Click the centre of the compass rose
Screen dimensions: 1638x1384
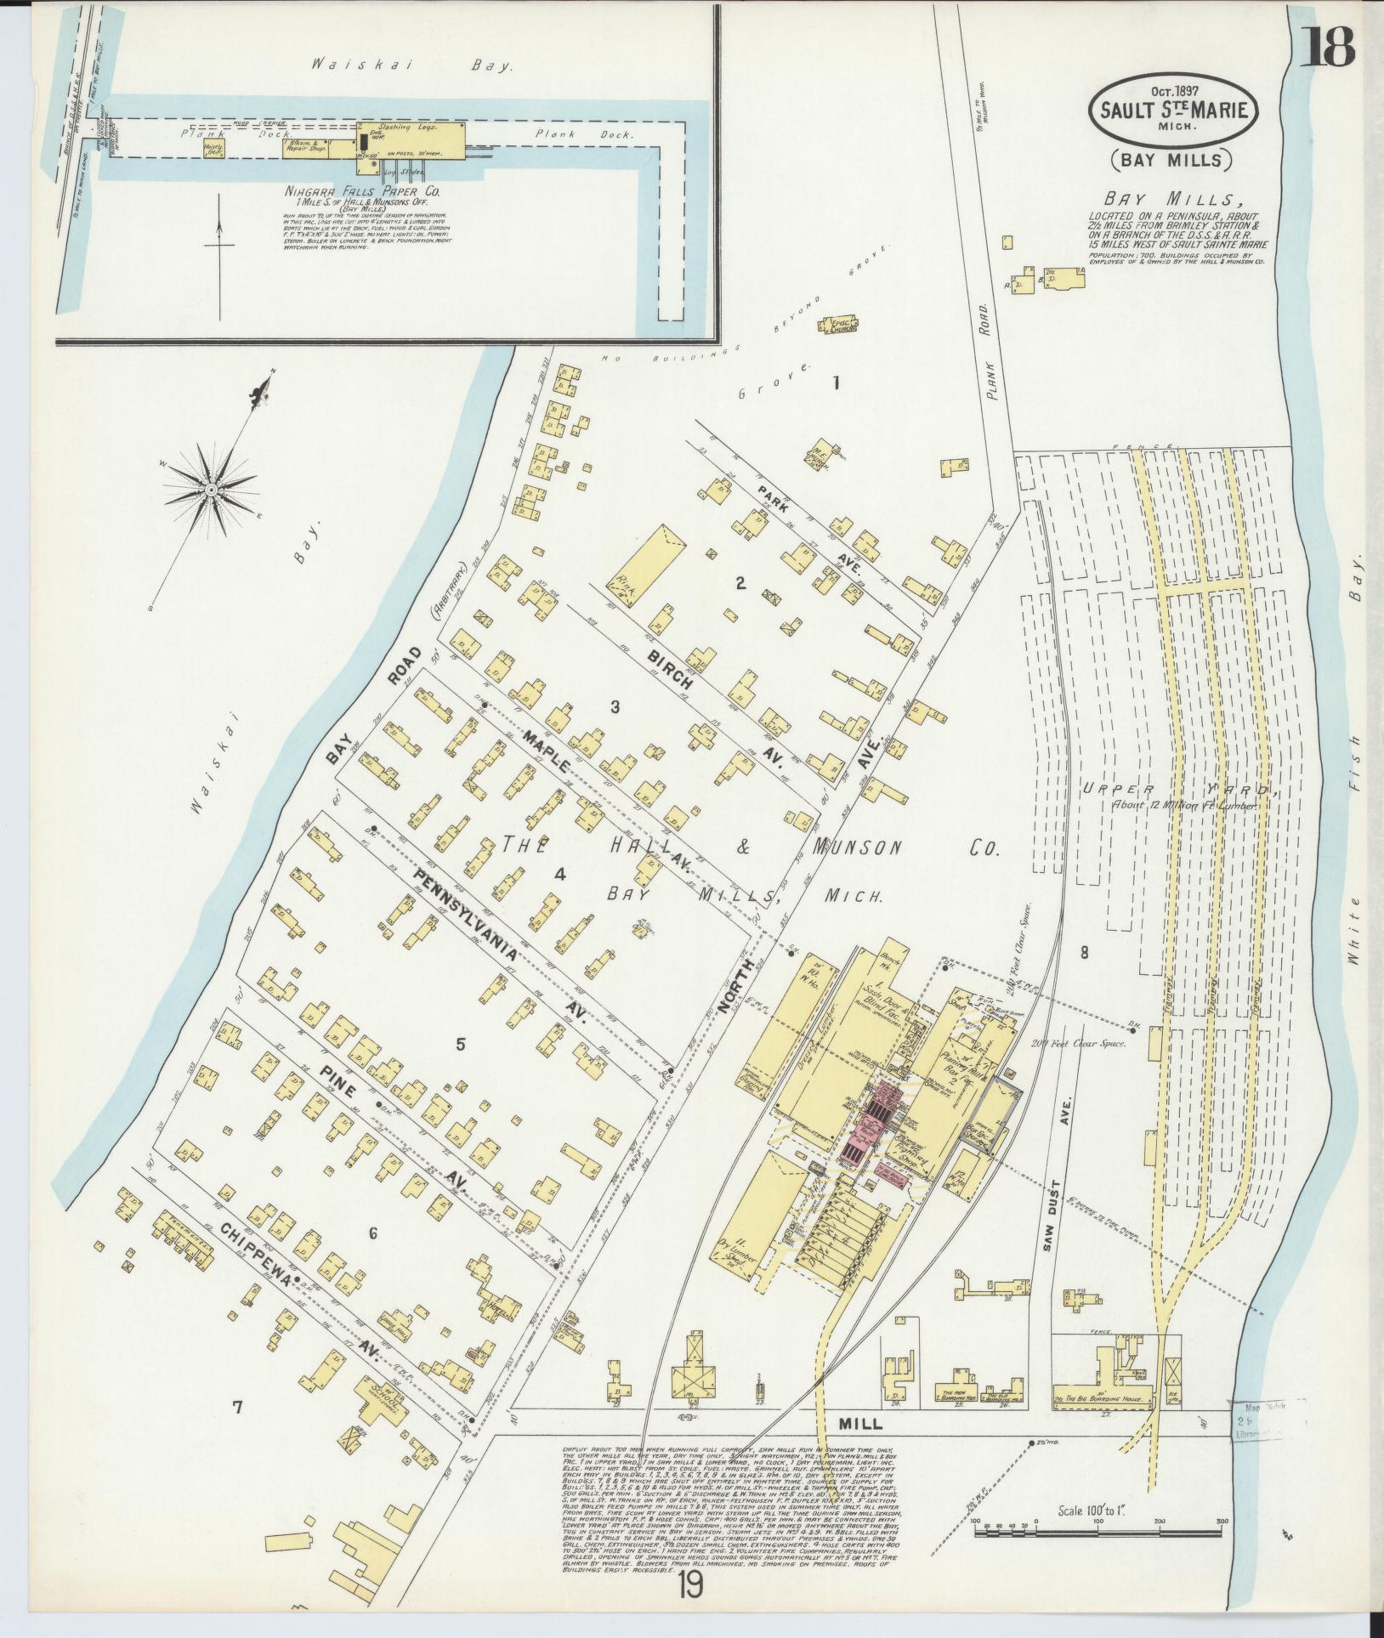210,490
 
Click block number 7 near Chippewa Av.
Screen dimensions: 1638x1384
237,1408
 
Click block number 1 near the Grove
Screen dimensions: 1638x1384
836,383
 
